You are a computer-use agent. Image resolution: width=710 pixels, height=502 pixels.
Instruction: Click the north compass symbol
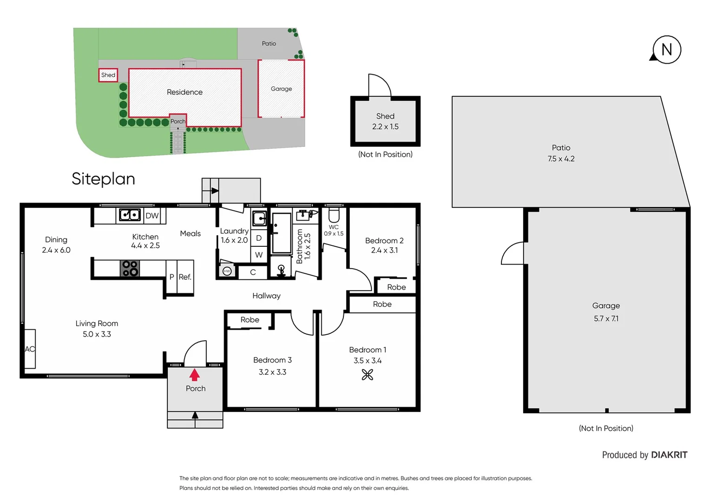pyautogui.click(x=666, y=50)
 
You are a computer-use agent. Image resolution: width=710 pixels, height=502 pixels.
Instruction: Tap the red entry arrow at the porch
pyautogui.click(x=195, y=375)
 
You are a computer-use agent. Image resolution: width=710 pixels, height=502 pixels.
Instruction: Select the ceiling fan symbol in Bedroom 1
pyautogui.click(x=368, y=375)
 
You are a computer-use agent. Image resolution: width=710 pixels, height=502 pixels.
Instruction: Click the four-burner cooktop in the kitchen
pyautogui.click(x=130, y=269)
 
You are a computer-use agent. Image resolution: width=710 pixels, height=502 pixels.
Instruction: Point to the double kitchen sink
pyautogui.click(x=130, y=215)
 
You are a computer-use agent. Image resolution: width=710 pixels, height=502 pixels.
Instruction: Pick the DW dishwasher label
pyautogui.click(x=152, y=216)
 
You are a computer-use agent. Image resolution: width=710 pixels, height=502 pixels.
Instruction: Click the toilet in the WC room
pyautogui.click(x=334, y=215)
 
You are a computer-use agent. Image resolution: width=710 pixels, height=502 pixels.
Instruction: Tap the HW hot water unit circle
pyautogui.click(x=227, y=271)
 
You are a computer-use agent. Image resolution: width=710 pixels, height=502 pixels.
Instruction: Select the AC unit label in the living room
pyautogui.click(x=30, y=349)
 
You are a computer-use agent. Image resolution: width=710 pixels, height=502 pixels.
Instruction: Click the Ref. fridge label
pyautogui.click(x=185, y=277)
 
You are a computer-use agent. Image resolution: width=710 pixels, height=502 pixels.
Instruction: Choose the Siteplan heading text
pyautogui.click(x=103, y=179)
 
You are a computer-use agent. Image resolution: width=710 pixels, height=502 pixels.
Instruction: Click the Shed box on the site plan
pyautogui.click(x=108, y=75)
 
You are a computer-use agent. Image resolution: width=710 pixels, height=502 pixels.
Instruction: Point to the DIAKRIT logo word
pyautogui.click(x=669, y=455)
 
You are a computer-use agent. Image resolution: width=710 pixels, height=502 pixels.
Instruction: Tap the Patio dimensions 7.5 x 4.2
pyautogui.click(x=561, y=159)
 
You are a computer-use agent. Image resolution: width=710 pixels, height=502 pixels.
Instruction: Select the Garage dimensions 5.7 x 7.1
pyautogui.click(x=606, y=319)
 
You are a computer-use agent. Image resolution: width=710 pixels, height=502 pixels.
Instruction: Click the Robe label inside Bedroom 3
pyautogui.click(x=250, y=320)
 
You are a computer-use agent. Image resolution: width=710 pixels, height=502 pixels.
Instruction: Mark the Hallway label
pyautogui.click(x=266, y=296)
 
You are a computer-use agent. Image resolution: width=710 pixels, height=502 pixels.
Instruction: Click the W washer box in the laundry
pyautogui.click(x=259, y=255)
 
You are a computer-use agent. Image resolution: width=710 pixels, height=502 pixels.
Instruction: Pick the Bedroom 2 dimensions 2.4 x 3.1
pyautogui.click(x=384, y=251)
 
